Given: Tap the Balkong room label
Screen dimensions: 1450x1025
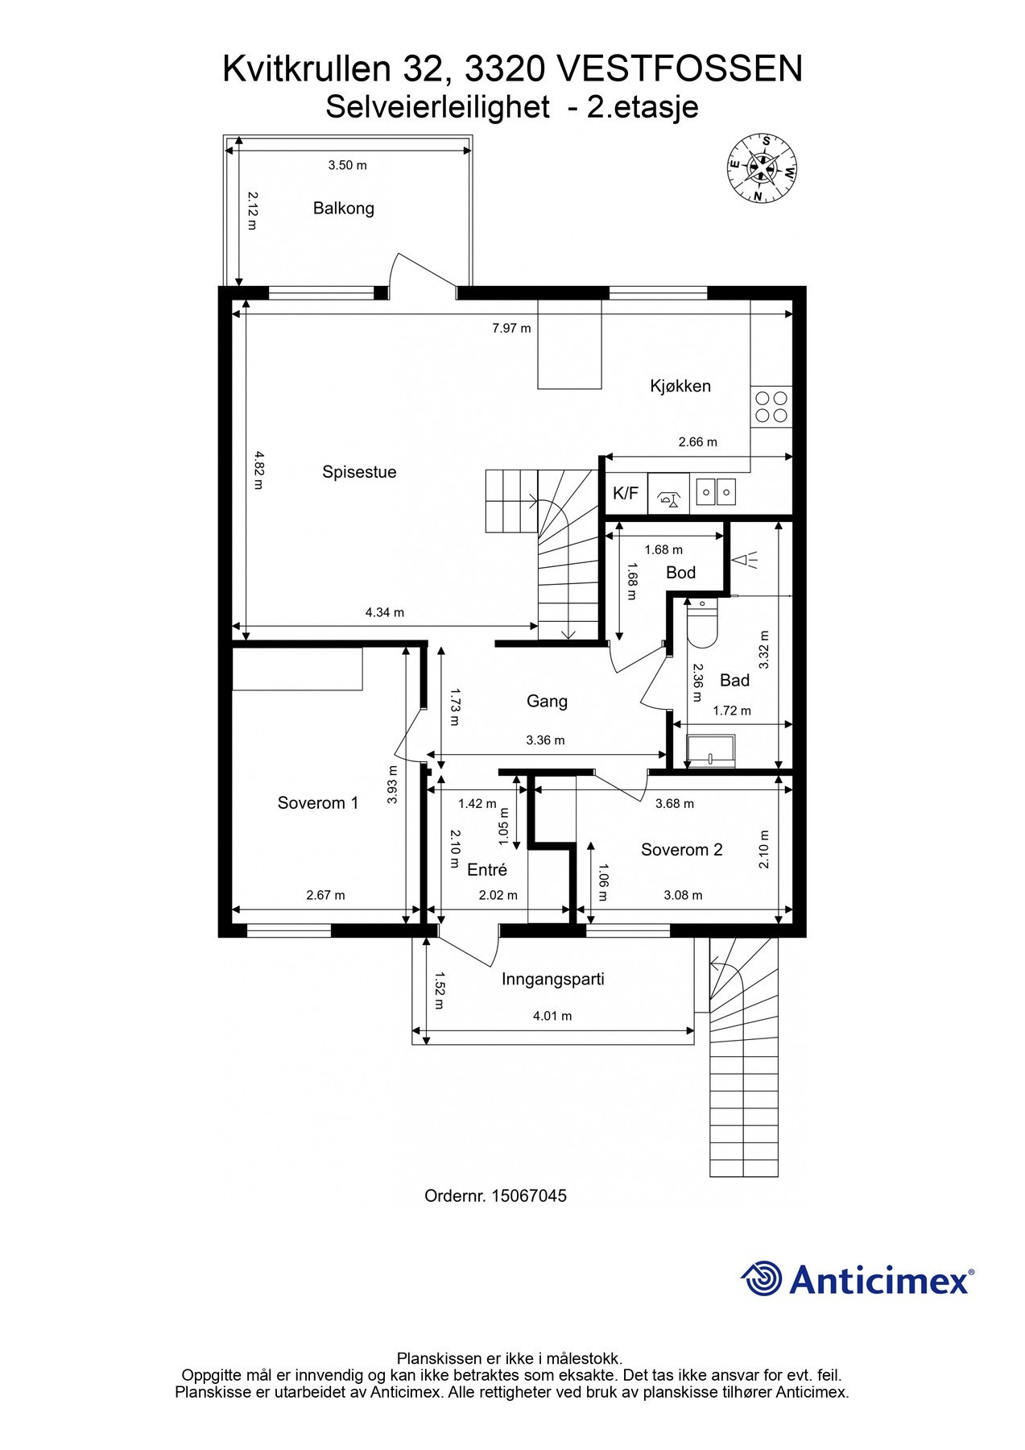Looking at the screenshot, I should (x=344, y=209).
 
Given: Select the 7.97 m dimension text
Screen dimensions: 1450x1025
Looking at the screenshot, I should (x=511, y=329).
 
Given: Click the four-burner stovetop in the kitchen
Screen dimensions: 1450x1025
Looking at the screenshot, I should (x=771, y=406).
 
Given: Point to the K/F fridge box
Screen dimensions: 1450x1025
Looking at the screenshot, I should (x=626, y=493).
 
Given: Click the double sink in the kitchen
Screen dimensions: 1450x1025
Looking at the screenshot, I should (x=716, y=491).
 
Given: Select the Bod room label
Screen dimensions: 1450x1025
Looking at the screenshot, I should (x=680, y=573).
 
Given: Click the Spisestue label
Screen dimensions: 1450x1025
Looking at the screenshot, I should (x=359, y=472).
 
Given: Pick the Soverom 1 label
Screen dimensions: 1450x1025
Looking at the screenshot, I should (x=317, y=803).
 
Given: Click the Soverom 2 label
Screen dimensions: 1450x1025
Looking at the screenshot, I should (x=681, y=850).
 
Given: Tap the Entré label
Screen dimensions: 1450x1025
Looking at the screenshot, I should (x=487, y=870).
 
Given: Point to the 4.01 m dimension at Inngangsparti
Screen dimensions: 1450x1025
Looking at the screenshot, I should (x=552, y=1017).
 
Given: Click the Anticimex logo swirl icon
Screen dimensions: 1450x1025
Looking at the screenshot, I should (x=762, y=1279).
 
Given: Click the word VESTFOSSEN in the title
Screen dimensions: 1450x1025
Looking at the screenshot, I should (x=680, y=70).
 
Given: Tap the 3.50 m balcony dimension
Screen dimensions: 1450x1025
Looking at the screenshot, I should (x=347, y=166).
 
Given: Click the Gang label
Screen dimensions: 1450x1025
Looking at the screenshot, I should (x=547, y=702).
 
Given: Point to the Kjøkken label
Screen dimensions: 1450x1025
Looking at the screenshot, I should (x=680, y=387).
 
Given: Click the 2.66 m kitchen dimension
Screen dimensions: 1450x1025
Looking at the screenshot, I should (x=697, y=442).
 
